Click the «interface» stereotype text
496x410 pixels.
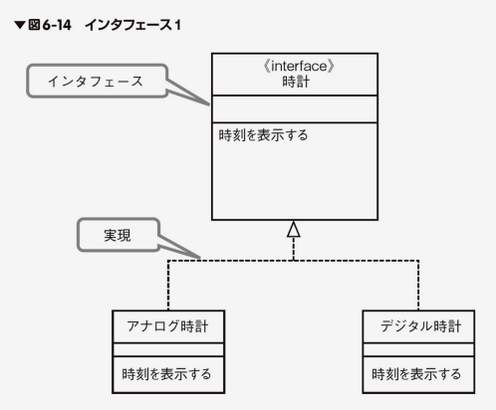[x=299, y=66]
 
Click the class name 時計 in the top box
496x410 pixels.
[x=296, y=82]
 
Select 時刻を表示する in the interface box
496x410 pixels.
[x=263, y=135]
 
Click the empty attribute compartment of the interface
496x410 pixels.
[x=295, y=109]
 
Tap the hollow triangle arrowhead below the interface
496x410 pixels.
[x=294, y=230]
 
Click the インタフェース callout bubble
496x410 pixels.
[x=97, y=81]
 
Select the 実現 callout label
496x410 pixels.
[x=118, y=235]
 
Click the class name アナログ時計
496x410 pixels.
[x=167, y=326]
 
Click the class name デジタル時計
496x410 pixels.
[x=420, y=326]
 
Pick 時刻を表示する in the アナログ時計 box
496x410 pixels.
[x=166, y=374]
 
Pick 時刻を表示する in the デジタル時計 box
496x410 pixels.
[x=416, y=374]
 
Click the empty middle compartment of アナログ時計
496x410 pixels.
[x=168, y=350]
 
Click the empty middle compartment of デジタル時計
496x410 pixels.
[x=418, y=350]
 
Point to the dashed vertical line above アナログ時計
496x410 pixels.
[x=168, y=286]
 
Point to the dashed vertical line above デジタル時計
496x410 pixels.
[x=418, y=286]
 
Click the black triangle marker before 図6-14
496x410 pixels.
[x=20, y=25]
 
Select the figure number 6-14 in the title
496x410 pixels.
[x=57, y=25]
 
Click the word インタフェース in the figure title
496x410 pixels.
[x=128, y=25]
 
